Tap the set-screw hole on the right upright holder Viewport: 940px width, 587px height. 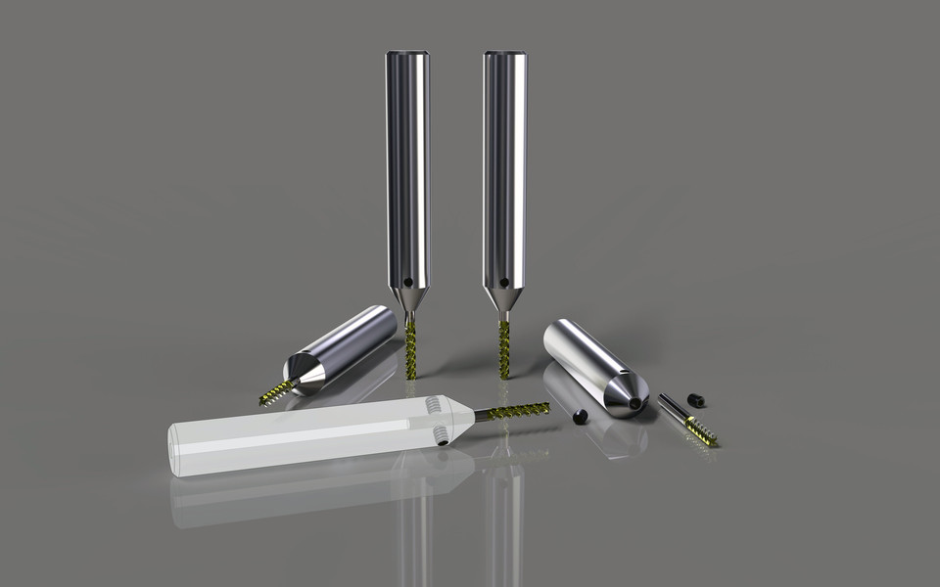(x=503, y=283)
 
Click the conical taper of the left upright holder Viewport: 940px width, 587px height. (x=407, y=296)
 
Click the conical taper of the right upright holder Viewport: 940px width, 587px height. (x=504, y=296)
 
